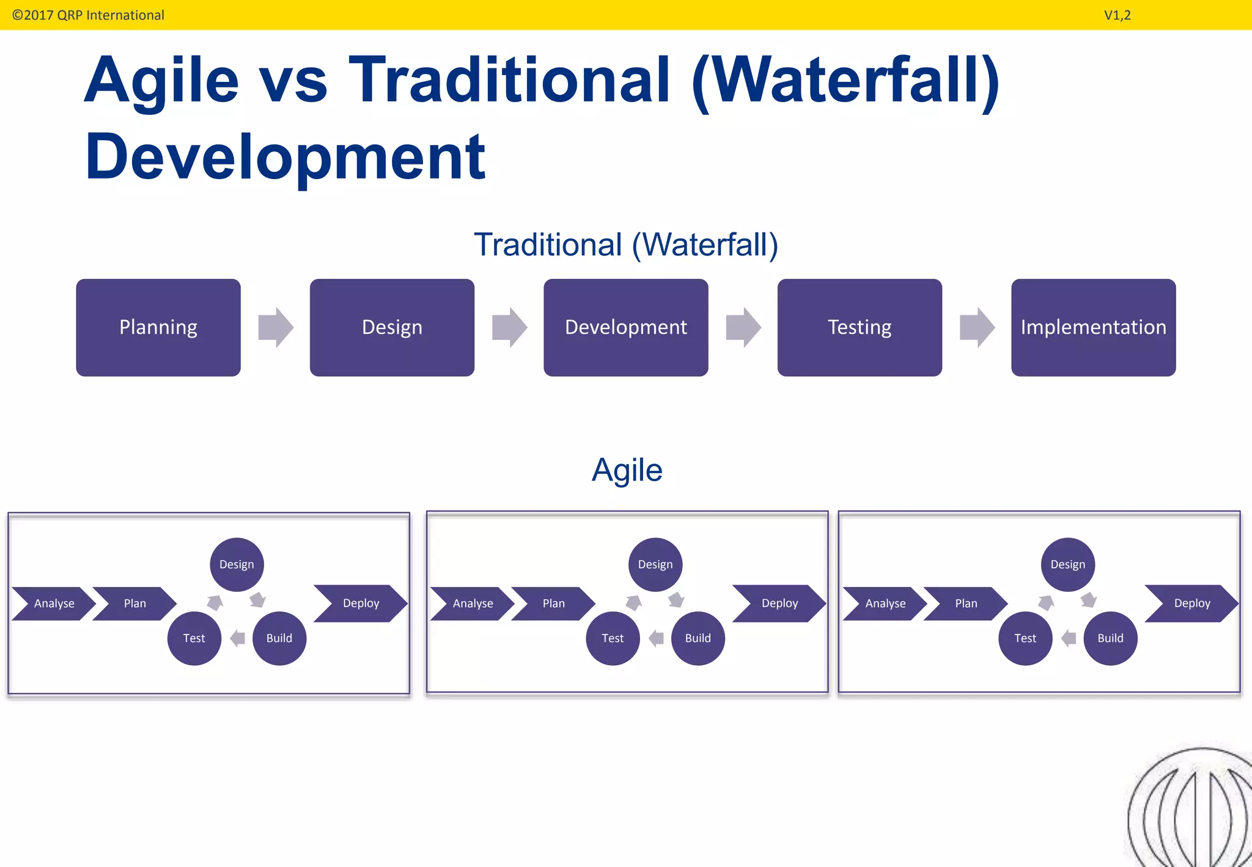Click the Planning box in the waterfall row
click(158, 328)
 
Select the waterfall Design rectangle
click(392, 328)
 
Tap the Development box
click(625, 328)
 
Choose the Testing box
click(860, 328)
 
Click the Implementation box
click(1093, 328)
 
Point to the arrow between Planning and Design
click(276, 328)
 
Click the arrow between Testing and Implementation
click(977, 328)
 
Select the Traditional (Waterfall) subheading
click(625, 245)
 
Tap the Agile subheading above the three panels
click(627, 470)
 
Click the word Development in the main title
click(285, 157)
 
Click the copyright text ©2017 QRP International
click(88, 15)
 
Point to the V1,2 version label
click(1117, 15)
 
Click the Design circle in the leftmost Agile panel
click(237, 564)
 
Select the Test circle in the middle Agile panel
click(613, 638)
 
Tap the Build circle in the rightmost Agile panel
click(1110, 638)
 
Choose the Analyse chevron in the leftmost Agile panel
click(54, 603)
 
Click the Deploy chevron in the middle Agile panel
click(779, 603)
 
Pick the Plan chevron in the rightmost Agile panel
click(966, 603)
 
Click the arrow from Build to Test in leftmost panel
click(237, 638)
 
